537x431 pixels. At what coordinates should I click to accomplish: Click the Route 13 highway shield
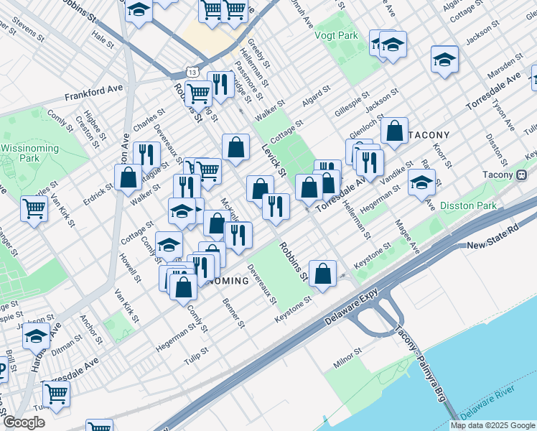click(x=190, y=71)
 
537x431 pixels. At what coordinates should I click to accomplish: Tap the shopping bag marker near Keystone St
click(x=323, y=274)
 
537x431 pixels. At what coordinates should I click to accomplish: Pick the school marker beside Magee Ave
click(x=421, y=182)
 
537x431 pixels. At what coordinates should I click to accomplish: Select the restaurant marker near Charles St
click(x=146, y=154)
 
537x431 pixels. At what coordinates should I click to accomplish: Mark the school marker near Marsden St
click(x=445, y=60)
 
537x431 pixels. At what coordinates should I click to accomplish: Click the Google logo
click(x=24, y=422)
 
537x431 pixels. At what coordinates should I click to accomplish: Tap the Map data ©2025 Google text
click(x=492, y=425)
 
